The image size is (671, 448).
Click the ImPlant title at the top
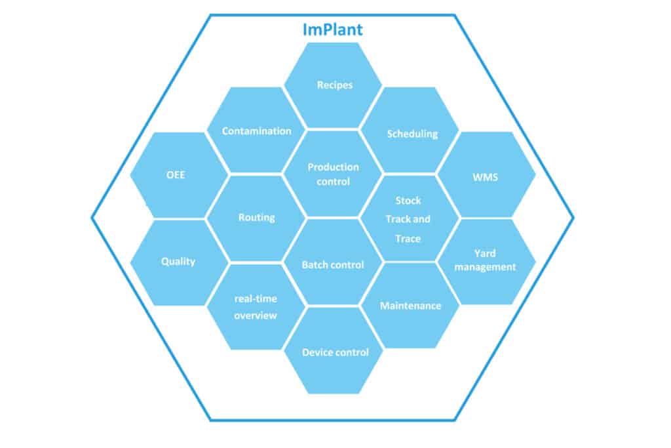332,30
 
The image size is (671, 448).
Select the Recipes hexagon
333,85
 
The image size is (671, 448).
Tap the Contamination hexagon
256,130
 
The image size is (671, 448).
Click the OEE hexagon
180,174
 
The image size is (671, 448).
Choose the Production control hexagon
333,173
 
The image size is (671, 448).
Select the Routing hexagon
256,218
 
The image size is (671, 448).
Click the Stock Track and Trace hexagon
410,218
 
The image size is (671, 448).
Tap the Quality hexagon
180,262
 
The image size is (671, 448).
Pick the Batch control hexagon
333,262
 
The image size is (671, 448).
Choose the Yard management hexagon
487,262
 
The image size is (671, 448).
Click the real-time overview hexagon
256,307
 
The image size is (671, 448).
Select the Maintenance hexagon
410,306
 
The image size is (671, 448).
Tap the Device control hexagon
333,351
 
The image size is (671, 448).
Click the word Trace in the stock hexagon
408,239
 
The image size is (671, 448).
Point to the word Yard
485,254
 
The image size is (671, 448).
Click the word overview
256,316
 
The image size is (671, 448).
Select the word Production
333,167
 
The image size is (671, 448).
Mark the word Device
316,352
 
